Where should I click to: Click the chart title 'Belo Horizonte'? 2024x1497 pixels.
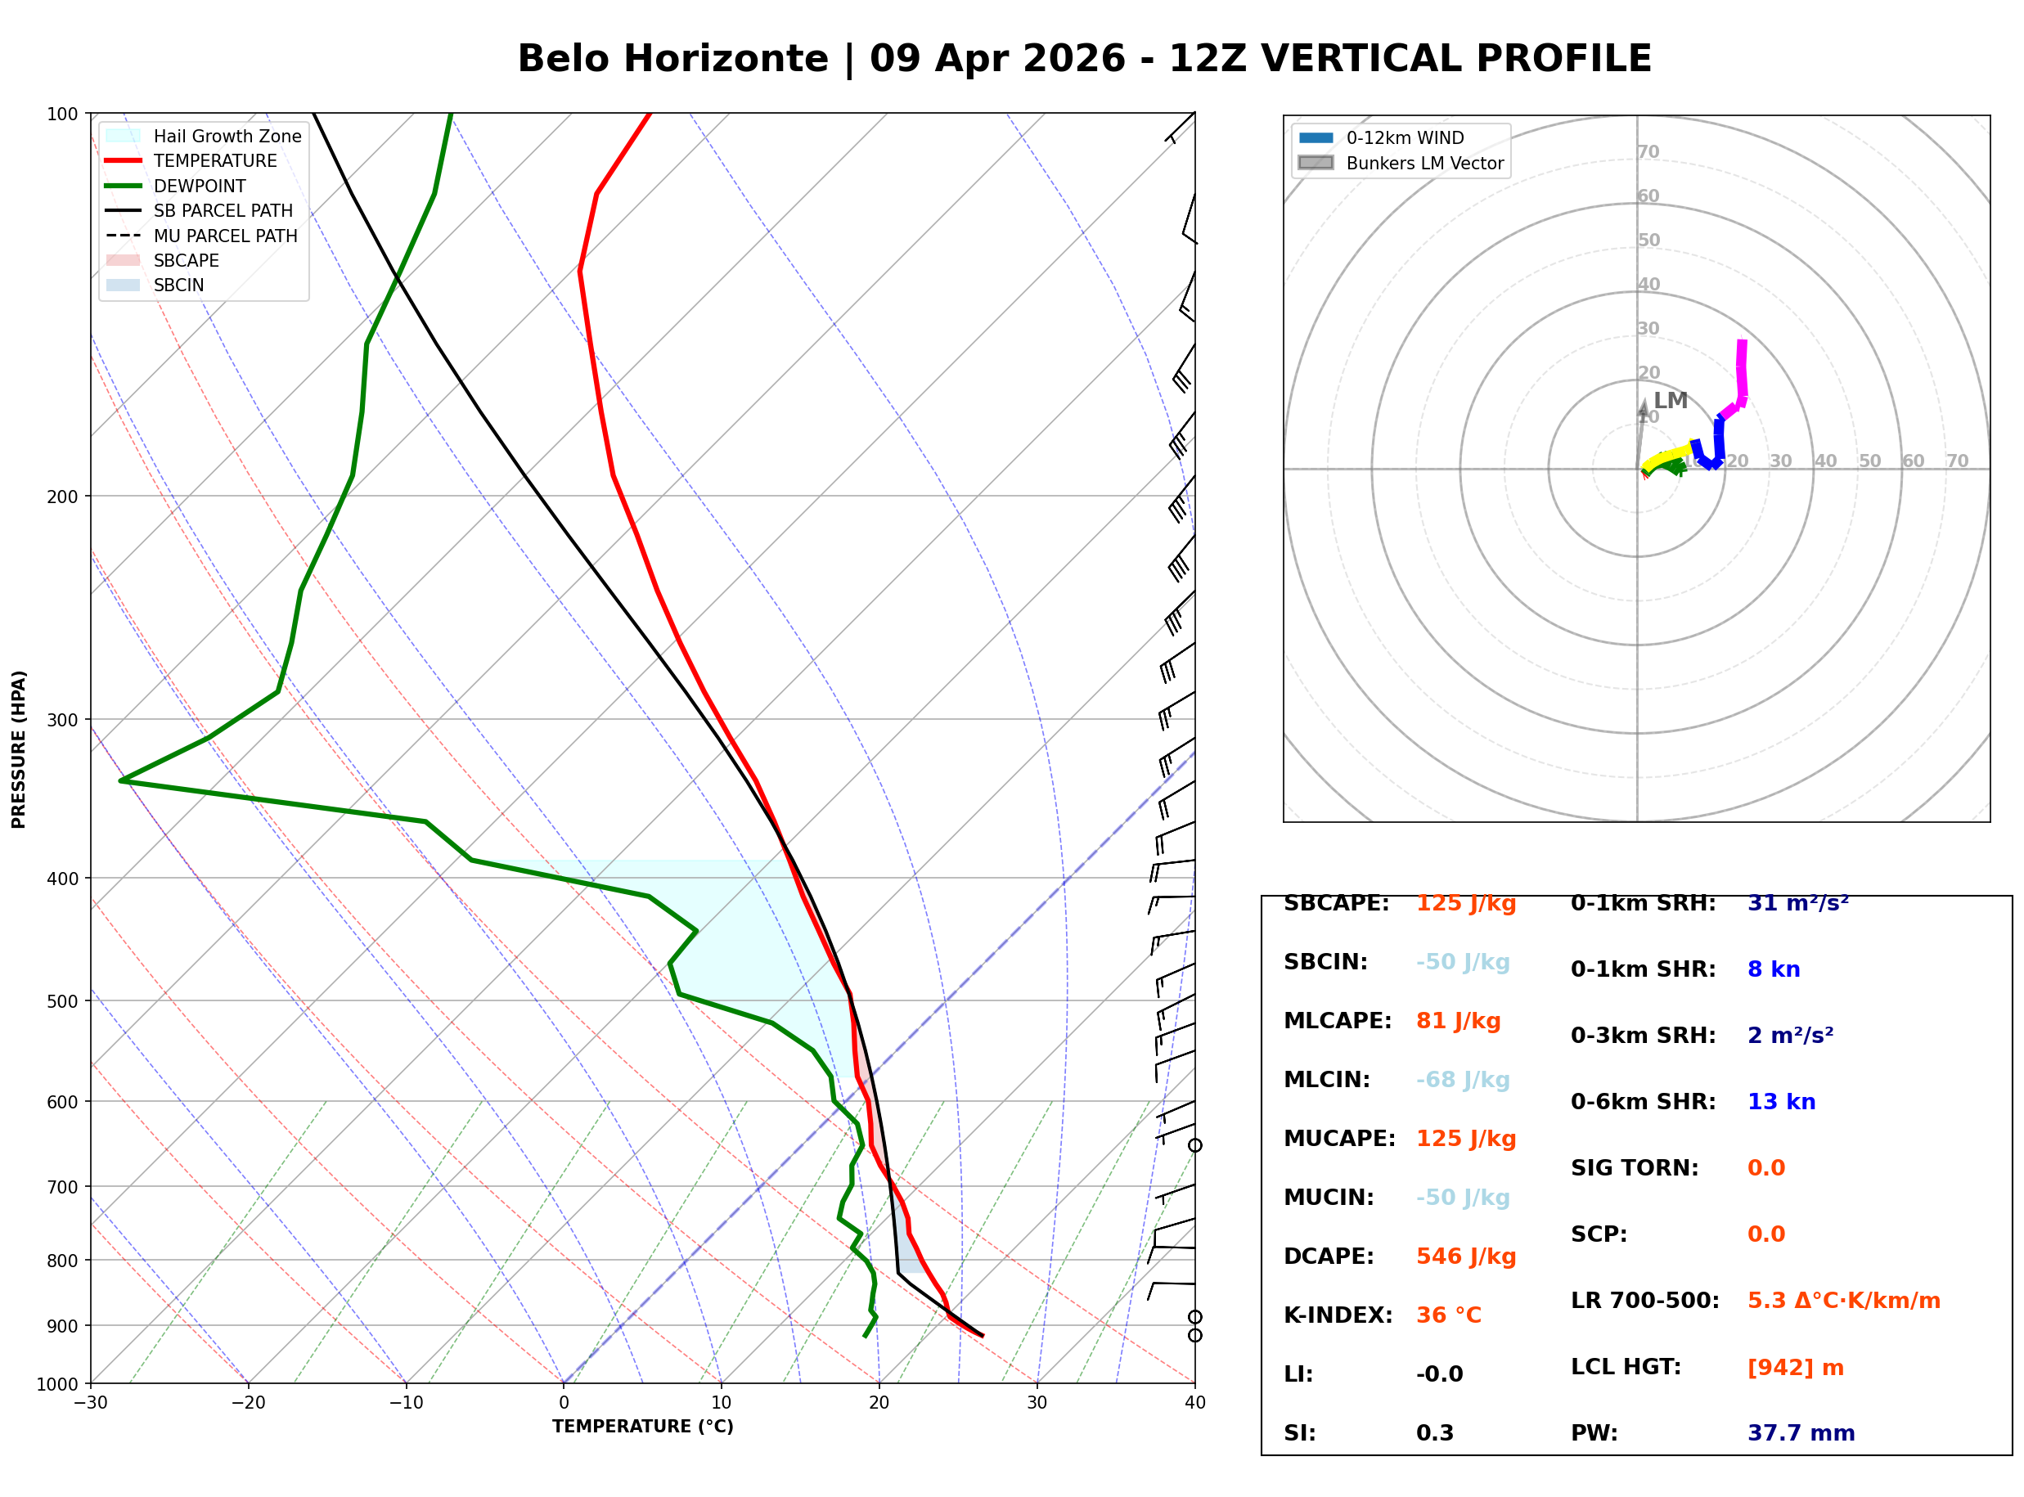coord(672,59)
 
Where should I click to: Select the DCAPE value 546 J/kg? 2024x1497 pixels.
coord(1466,1256)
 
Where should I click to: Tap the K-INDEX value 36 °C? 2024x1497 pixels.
coord(1449,1315)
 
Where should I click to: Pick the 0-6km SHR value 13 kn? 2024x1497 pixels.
coord(1781,1103)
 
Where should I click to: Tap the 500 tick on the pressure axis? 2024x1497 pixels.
coord(64,1001)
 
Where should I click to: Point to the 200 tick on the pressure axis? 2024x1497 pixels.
coord(64,497)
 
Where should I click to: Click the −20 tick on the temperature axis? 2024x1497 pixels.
coord(247,1404)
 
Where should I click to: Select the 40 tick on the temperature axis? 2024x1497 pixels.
coord(1194,1404)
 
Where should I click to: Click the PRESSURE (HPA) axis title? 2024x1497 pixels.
coord(19,749)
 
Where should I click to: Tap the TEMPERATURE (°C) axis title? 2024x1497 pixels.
coord(642,1427)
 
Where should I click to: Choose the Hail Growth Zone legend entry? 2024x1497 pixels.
coord(227,136)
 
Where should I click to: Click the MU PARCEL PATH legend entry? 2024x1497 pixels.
coord(225,236)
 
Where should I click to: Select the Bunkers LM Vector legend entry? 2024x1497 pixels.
coord(1424,163)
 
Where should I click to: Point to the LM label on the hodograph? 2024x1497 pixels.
coord(1670,401)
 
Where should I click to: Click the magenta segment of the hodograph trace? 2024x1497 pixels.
coord(1740,371)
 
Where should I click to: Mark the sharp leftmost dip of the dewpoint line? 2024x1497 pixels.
coord(121,780)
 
